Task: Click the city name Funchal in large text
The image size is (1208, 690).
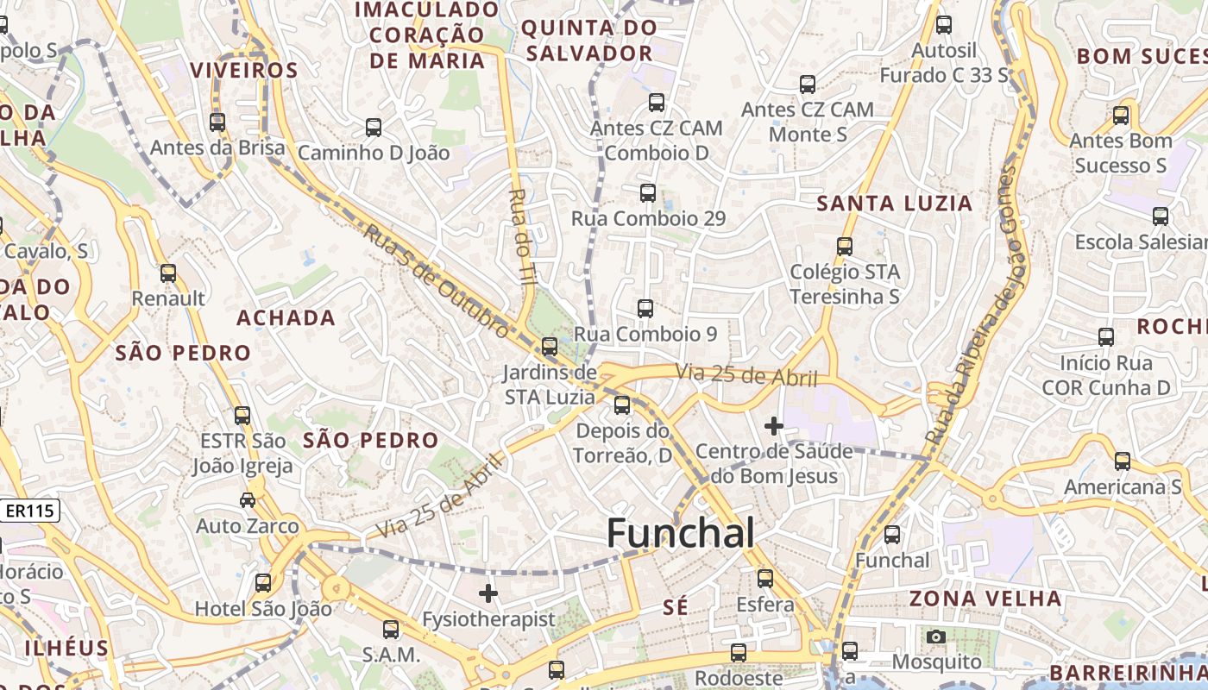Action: coord(681,532)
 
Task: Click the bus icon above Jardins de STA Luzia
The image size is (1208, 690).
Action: coord(550,347)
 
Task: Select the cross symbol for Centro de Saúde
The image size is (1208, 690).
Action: coord(774,425)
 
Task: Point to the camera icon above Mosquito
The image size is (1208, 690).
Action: coord(936,637)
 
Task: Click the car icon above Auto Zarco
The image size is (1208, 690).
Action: coord(248,499)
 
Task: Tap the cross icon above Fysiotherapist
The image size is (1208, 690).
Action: coord(488,593)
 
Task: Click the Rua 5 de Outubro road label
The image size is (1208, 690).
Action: coord(437,281)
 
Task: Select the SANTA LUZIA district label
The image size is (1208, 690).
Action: coord(895,204)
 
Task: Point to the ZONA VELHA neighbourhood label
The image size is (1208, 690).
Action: coord(985,599)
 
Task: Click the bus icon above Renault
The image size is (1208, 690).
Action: coord(168,273)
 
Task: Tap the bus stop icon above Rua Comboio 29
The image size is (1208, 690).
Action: coord(648,193)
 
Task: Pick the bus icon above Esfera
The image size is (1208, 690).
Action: coord(765,578)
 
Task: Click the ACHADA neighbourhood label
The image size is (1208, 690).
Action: coord(286,317)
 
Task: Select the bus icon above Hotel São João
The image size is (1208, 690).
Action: coord(263,582)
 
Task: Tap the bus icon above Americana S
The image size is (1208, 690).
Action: coord(1123,461)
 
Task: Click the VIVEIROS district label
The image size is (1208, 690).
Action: coord(243,70)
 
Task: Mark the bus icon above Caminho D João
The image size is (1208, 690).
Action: coord(374,128)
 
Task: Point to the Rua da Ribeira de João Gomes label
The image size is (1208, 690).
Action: coord(978,306)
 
